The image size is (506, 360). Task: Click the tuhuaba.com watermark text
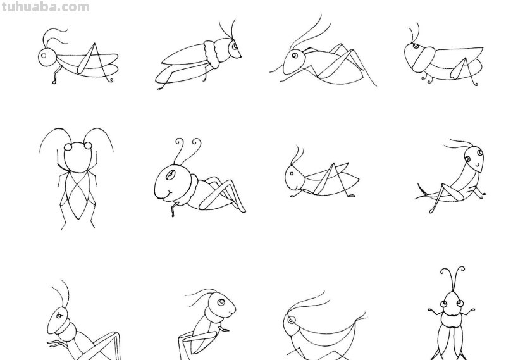tap(46, 7)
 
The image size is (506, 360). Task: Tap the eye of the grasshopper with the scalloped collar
tap(235, 46)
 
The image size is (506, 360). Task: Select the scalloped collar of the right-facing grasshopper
tap(212, 54)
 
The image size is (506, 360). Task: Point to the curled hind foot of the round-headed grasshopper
tap(54, 82)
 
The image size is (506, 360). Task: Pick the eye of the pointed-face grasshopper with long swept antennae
tap(294, 56)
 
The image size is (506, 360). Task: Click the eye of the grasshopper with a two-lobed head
tap(416, 46)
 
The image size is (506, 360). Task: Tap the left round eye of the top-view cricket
tap(68, 147)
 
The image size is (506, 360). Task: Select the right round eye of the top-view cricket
tap(88, 146)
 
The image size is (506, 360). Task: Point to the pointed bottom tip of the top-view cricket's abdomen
tap(78, 220)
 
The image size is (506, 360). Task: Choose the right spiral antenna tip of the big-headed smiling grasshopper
tap(196, 142)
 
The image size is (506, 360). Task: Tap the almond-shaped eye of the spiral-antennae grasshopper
tap(171, 175)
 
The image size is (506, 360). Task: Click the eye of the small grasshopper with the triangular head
tap(292, 174)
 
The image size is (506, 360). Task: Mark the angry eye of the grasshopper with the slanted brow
tap(59, 316)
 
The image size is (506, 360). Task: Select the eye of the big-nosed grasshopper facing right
tap(221, 302)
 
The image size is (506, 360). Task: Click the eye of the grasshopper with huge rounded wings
tap(292, 320)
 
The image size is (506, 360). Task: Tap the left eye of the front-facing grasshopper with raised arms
tap(444, 304)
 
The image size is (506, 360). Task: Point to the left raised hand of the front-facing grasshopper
tap(431, 311)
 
